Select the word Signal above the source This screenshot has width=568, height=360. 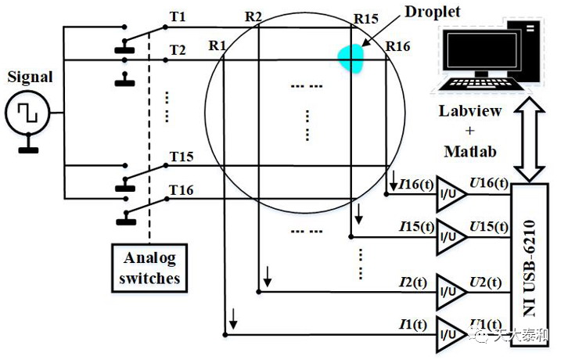point(29,77)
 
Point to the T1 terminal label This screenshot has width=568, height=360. point(178,16)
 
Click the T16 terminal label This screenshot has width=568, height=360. point(182,191)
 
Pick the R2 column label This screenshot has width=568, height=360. point(253,16)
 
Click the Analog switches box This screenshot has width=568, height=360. point(150,268)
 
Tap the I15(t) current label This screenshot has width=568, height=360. point(415,227)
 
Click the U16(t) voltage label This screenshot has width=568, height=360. point(487,185)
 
